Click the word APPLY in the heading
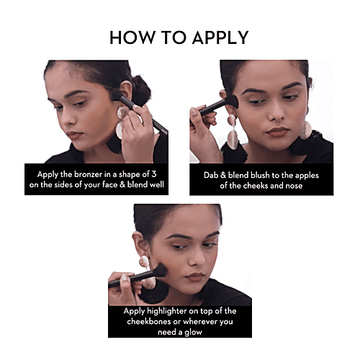[x=220, y=37]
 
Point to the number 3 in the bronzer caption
[x=154, y=174]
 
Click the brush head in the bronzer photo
[x=117, y=94]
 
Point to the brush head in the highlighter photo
[x=160, y=270]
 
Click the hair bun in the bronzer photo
[x=141, y=90]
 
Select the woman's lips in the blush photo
[x=278, y=132]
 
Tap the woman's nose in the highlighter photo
[x=198, y=258]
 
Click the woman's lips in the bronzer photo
[x=74, y=135]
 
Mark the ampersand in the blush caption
[x=222, y=175]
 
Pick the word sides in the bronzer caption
[x=63, y=184]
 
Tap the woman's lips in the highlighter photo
[x=196, y=277]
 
